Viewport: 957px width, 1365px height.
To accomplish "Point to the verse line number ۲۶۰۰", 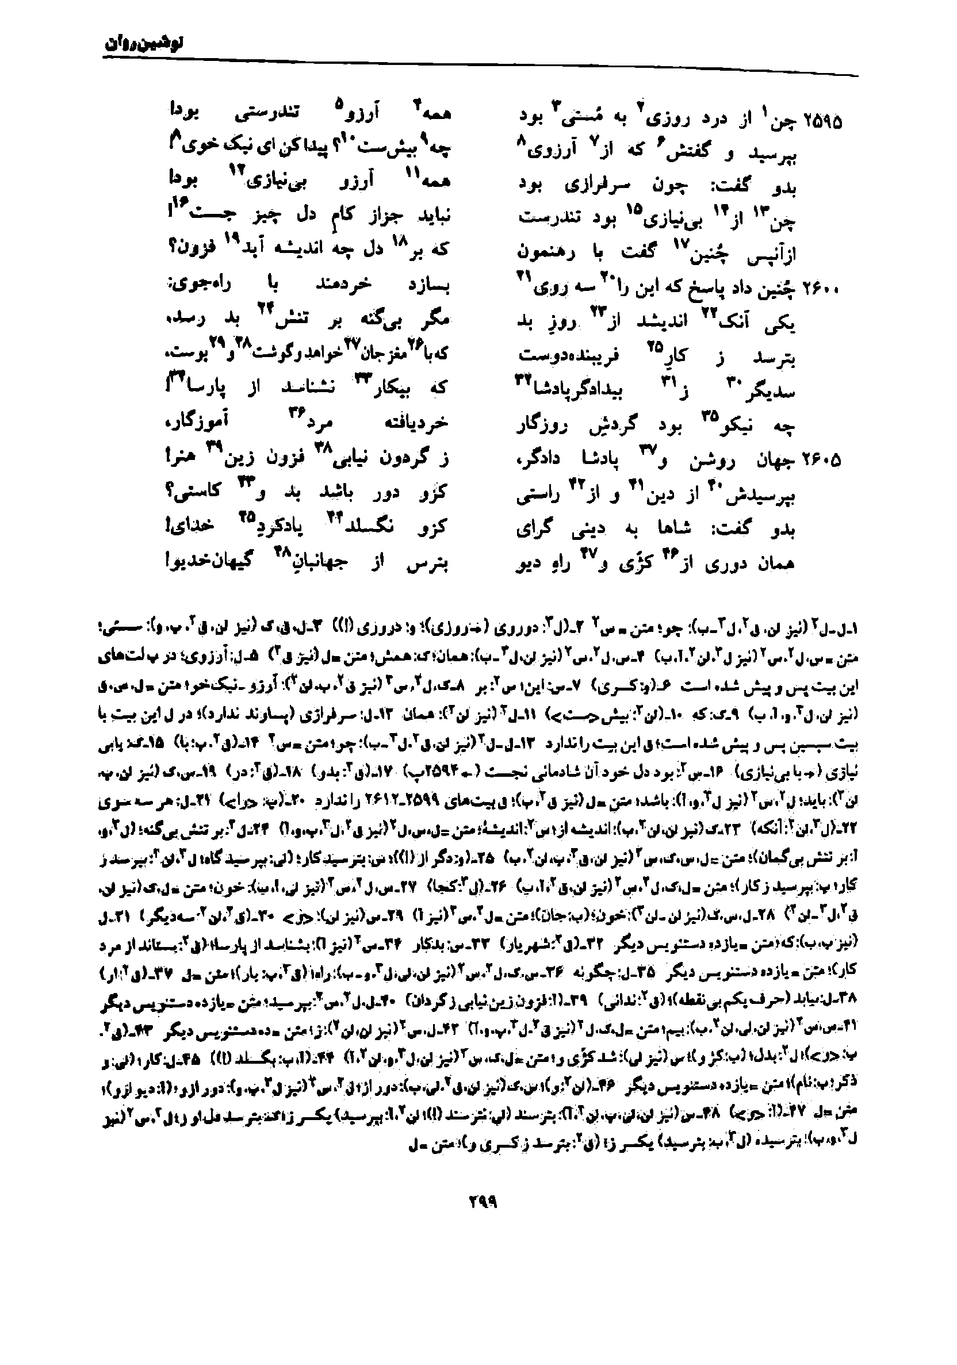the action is point(823,290).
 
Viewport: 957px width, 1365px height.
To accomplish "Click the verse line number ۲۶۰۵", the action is point(823,459).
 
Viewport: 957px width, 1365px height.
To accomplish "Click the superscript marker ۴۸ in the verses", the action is point(281,552).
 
